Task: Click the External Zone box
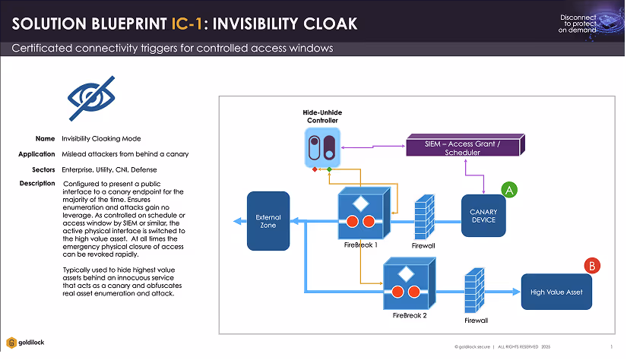pos(268,221)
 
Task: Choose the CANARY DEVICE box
pos(483,215)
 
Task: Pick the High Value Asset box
pos(557,292)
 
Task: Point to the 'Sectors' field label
pos(43,169)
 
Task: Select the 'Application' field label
pos(37,154)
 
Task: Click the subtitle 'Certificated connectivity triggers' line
pos(173,49)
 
